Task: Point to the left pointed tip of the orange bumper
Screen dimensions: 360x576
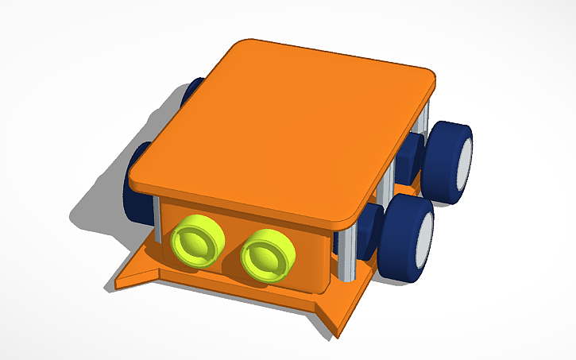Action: point(122,280)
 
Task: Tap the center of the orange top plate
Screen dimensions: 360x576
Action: point(286,127)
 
